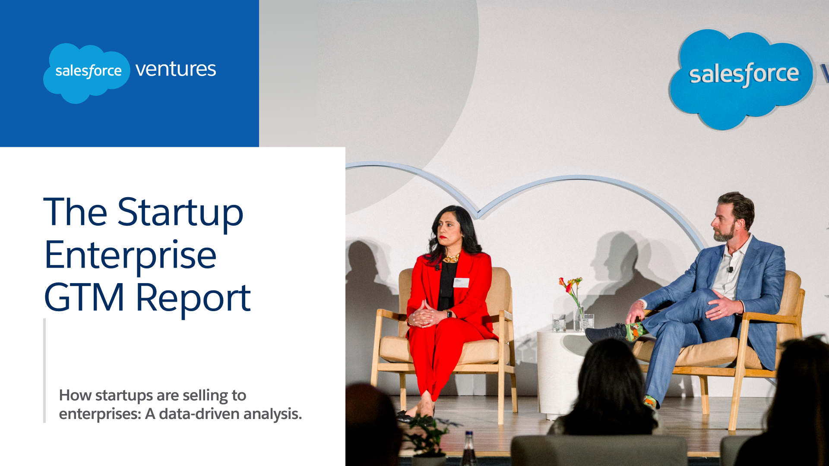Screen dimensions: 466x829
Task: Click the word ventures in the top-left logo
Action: point(175,69)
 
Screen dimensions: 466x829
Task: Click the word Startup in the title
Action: point(180,212)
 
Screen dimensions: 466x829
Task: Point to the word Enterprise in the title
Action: point(130,255)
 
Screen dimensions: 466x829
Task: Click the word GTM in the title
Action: point(84,298)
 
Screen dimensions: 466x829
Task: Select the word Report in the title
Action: point(193,299)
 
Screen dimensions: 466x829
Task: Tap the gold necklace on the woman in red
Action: point(452,258)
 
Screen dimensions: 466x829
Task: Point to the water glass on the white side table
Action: point(559,322)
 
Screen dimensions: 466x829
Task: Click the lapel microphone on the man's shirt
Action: point(730,270)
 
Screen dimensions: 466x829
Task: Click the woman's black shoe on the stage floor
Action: point(408,416)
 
